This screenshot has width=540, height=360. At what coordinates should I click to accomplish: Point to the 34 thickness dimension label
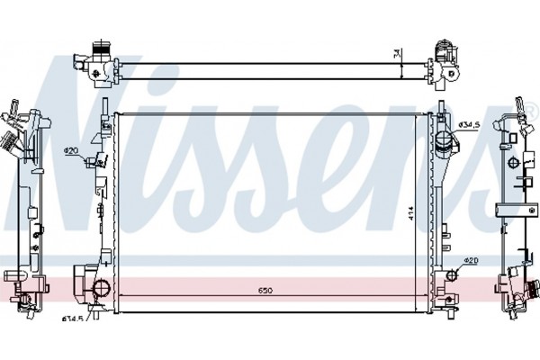click(x=397, y=53)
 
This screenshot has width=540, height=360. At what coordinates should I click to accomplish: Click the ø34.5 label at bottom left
click(x=72, y=318)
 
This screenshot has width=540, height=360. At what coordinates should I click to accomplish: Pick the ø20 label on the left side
click(x=71, y=149)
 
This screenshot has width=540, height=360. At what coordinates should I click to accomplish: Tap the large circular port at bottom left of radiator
click(x=101, y=288)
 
